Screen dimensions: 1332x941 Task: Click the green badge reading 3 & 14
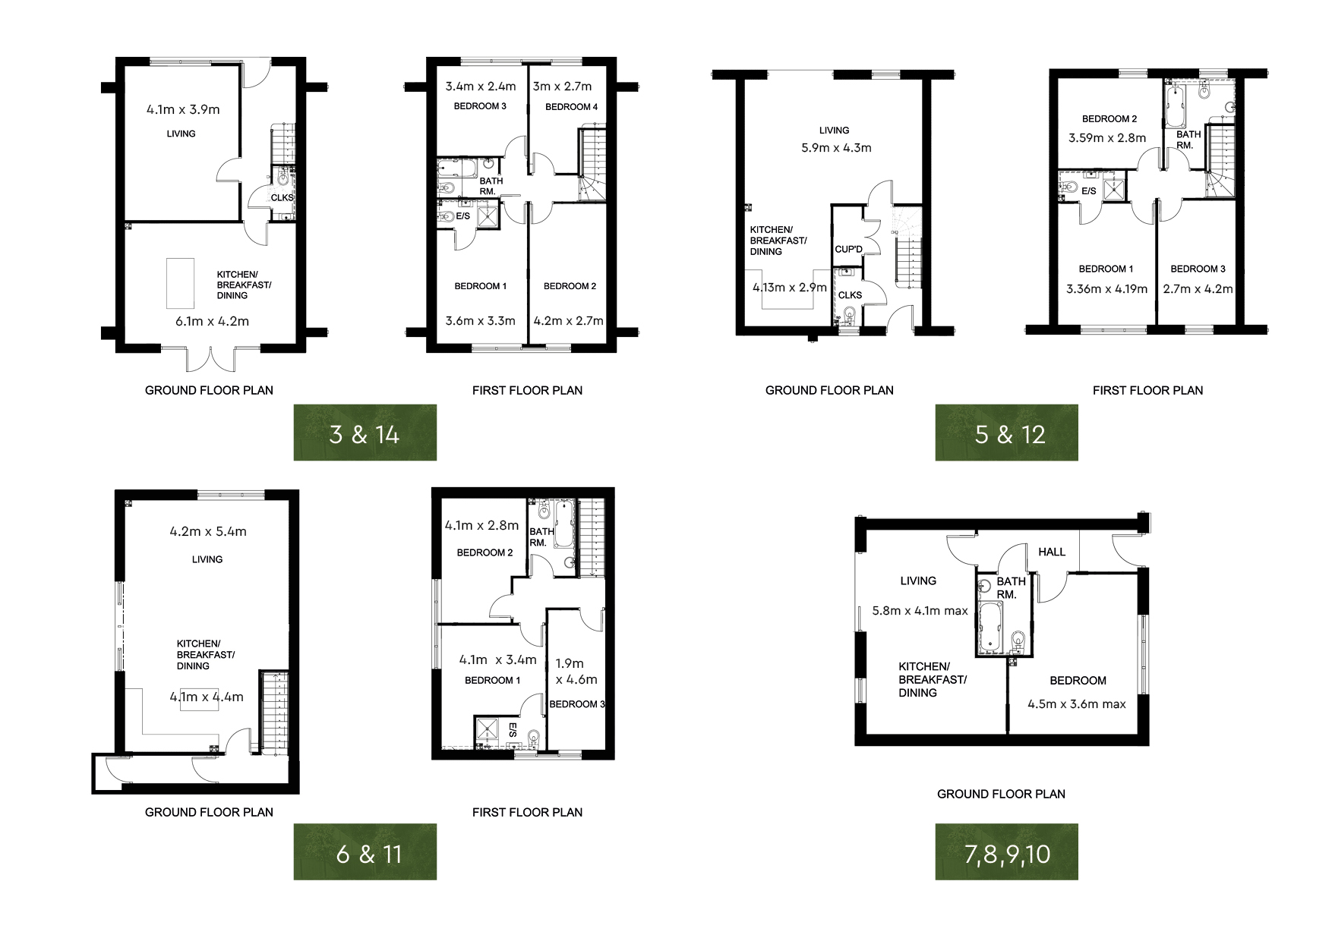pyautogui.click(x=365, y=433)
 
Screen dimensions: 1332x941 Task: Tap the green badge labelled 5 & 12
pyautogui.click(x=1006, y=433)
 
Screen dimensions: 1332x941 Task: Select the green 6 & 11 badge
pyautogui.click(x=365, y=851)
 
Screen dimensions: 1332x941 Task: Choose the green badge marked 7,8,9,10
pyautogui.click(x=1006, y=851)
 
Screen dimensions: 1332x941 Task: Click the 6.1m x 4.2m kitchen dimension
pyautogui.click(x=212, y=321)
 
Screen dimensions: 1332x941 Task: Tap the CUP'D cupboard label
pyautogui.click(x=849, y=250)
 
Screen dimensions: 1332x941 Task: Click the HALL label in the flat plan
pyautogui.click(x=1052, y=552)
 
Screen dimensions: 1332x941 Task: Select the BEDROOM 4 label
pyautogui.click(x=571, y=107)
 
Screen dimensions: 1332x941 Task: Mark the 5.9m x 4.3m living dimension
pyautogui.click(x=836, y=148)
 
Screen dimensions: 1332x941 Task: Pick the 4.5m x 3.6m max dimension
pyautogui.click(x=1076, y=704)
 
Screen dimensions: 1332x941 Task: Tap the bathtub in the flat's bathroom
pyautogui.click(x=991, y=628)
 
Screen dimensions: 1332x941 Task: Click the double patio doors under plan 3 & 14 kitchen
pyautogui.click(x=212, y=359)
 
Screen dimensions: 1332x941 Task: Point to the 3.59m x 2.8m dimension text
pyautogui.click(x=1107, y=138)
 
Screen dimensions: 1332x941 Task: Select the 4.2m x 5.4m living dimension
pyautogui.click(x=208, y=532)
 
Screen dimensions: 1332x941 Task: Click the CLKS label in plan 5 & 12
pyautogui.click(x=850, y=295)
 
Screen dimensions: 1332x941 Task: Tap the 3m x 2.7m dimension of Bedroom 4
pyautogui.click(x=562, y=87)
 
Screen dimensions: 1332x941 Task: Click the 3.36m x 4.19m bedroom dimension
pyautogui.click(x=1106, y=289)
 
